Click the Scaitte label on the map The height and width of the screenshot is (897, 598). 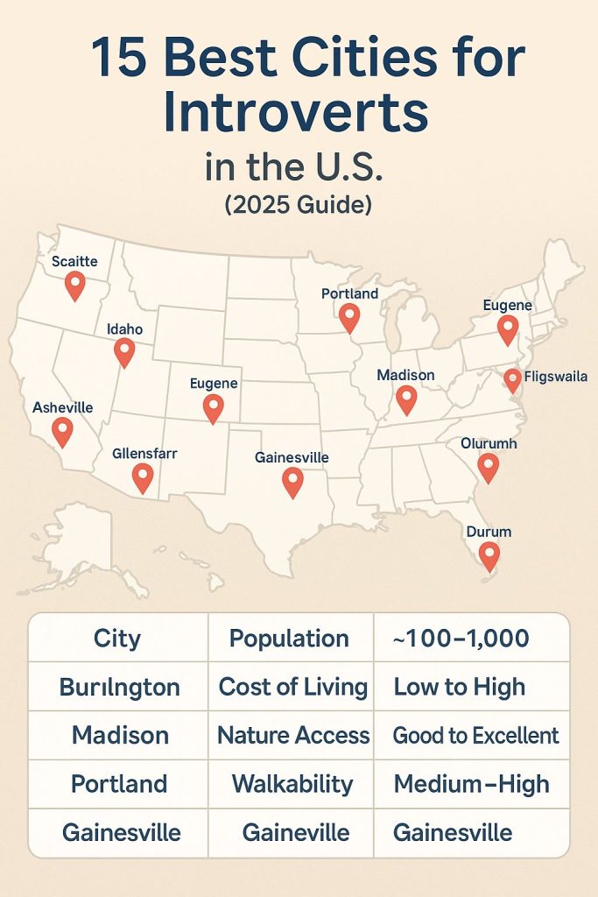[74, 261]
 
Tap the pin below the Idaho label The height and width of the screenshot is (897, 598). [124, 352]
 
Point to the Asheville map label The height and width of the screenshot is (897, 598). [62, 407]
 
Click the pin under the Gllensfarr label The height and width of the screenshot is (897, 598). [142, 477]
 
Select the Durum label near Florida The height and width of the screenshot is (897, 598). [489, 532]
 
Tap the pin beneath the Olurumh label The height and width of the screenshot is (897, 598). [488, 467]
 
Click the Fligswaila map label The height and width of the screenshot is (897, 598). [555, 378]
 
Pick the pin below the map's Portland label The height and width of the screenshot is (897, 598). [349, 318]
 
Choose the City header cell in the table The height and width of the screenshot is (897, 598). [117, 638]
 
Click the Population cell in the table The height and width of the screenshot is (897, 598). [289, 638]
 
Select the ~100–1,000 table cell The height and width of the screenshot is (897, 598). [461, 638]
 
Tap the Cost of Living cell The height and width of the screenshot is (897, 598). [292, 687]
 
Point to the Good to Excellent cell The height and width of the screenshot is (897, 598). [475, 735]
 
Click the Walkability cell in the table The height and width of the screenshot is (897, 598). [292, 783]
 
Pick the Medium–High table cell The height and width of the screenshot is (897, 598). [472, 783]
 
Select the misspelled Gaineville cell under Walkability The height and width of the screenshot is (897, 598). [291, 831]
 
